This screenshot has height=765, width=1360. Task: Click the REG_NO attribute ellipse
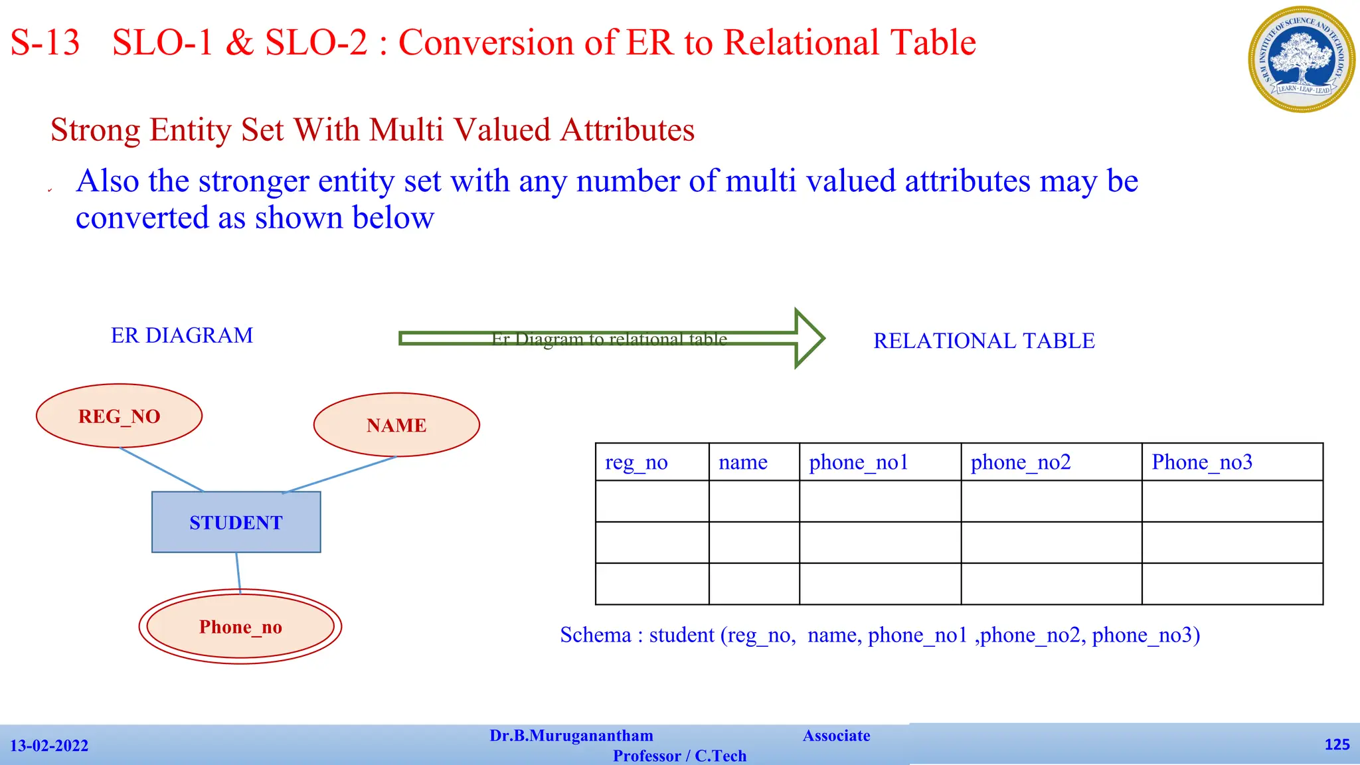tap(120, 416)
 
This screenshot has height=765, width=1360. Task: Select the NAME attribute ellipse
tap(396, 425)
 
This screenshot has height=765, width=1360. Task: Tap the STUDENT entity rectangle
tap(236, 523)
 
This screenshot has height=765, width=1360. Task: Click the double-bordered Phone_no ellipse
tap(240, 627)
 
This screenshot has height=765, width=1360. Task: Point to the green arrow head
tap(809, 339)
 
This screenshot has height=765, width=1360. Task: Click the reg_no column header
tap(636, 462)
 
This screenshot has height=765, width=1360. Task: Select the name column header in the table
tap(743, 462)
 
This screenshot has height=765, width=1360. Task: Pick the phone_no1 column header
tap(858, 462)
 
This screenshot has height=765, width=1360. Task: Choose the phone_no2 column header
tap(1021, 462)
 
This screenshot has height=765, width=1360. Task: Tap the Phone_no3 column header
tap(1202, 462)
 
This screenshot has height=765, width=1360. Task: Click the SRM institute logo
tap(1302, 59)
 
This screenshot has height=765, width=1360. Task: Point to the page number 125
tap(1337, 744)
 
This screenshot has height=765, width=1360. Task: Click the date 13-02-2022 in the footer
tap(49, 746)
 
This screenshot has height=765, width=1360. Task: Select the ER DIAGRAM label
tap(182, 335)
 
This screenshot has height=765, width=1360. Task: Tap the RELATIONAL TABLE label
tap(984, 341)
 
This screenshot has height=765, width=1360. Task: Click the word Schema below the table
tap(595, 636)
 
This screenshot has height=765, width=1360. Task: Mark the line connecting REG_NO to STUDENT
tap(161, 469)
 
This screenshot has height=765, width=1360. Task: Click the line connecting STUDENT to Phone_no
tap(238, 571)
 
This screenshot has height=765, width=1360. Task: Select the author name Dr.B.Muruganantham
tap(571, 736)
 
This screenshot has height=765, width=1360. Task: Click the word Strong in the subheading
tap(95, 129)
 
